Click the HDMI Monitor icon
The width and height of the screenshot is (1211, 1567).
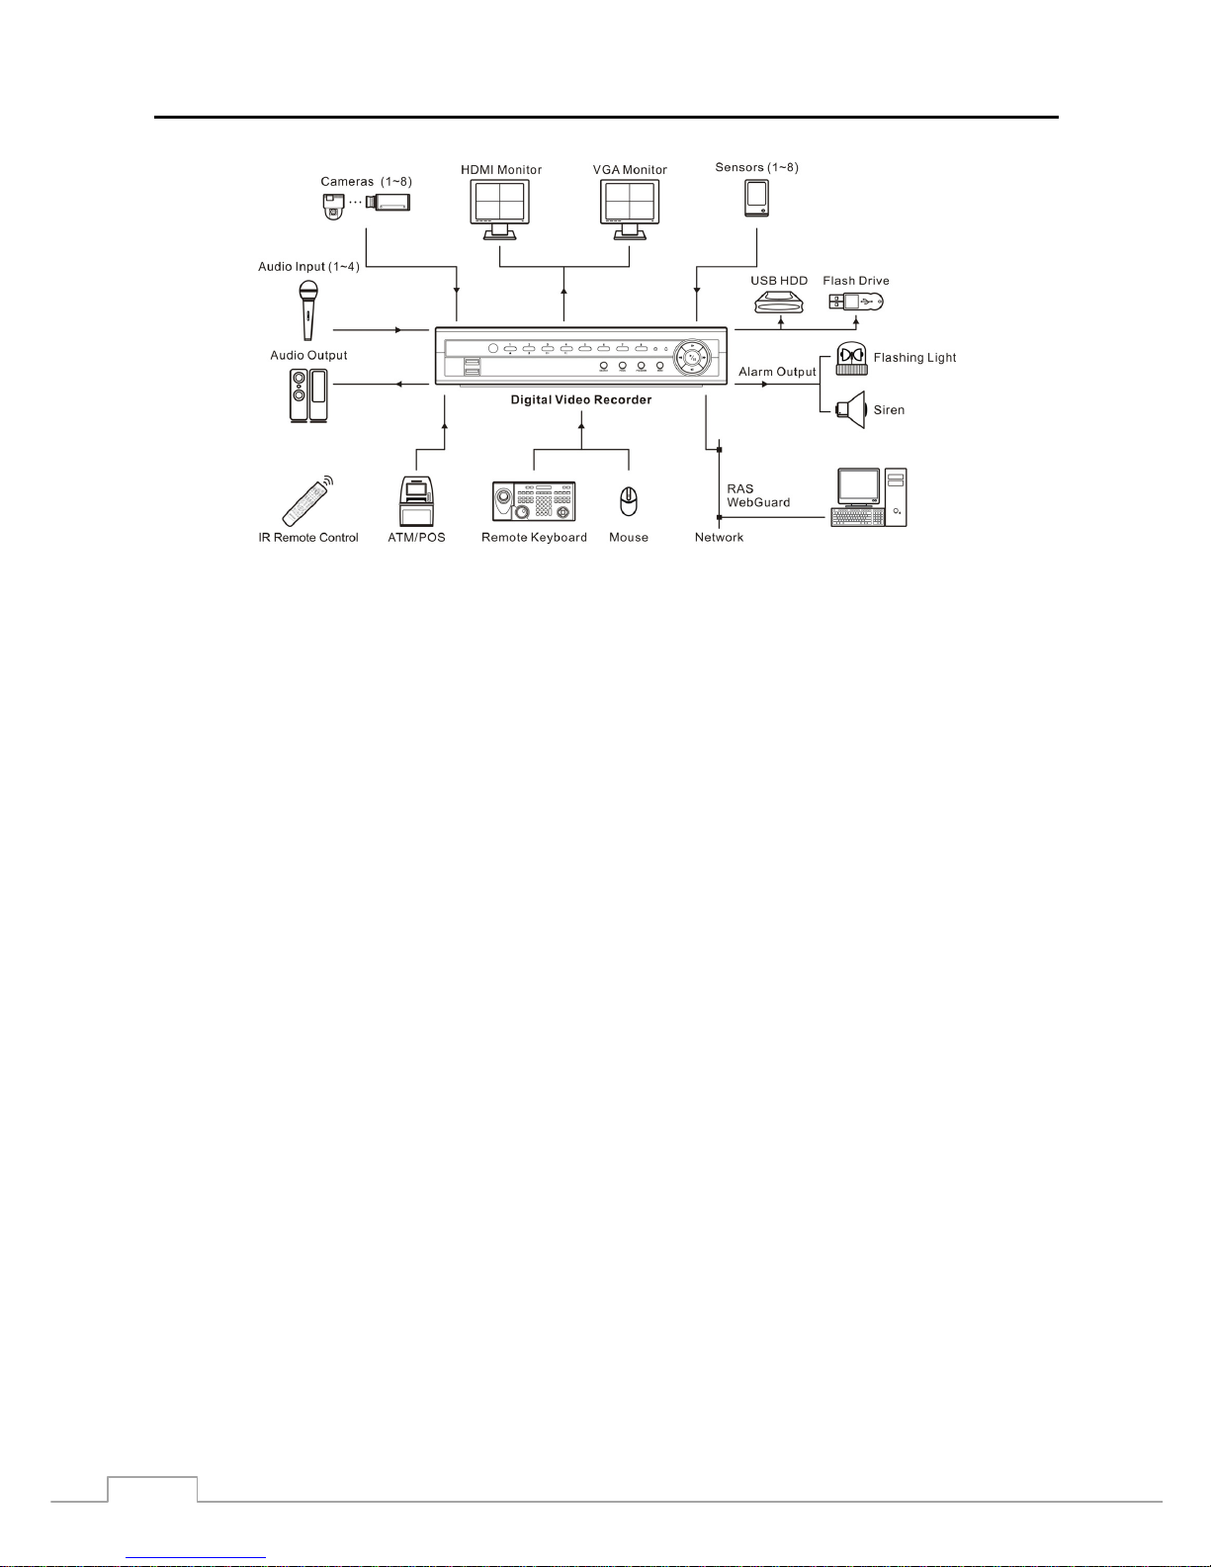(499, 210)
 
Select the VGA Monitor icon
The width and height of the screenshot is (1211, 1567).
(630, 210)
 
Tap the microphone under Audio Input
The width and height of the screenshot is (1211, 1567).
(308, 310)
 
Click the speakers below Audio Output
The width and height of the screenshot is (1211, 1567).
(308, 395)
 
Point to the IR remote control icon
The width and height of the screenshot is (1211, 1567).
(307, 500)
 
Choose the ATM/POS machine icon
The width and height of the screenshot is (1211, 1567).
(416, 500)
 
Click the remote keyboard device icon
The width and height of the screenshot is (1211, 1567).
(534, 501)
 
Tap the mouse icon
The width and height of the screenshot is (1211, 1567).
(629, 501)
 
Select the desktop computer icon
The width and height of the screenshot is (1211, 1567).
(869, 497)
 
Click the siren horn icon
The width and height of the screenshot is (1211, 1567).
(850, 409)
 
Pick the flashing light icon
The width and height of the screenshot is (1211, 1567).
(851, 359)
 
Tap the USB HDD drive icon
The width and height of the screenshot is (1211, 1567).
(779, 303)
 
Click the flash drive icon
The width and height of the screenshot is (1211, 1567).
(856, 302)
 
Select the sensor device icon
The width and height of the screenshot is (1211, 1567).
(757, 198)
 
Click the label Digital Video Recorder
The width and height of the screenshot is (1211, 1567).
(581, 399)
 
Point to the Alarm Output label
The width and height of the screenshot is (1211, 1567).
(777, 372)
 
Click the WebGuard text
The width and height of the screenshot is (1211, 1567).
(758, 502)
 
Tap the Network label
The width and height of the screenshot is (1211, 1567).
(719, 537)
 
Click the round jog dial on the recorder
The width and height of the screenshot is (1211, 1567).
(692, 357)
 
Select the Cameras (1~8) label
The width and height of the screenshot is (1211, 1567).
(366, 182)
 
